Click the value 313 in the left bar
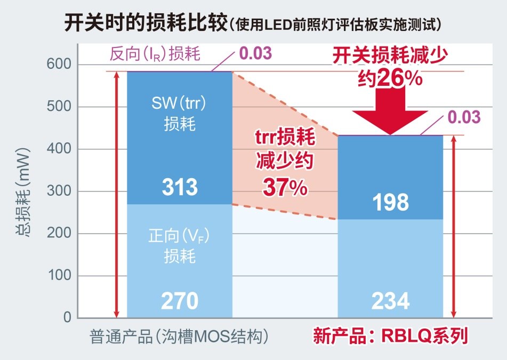point(180,187)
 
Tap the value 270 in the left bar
point(180,301)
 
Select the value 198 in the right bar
point(391,202)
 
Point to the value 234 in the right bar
point(391,301)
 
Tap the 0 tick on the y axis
point(67,318)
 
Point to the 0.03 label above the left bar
point(256,53)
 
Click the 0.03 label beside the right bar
point(464,117)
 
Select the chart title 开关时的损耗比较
point(145,24)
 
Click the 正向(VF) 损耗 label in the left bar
point(179,245)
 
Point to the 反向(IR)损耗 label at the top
point(156,54)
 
